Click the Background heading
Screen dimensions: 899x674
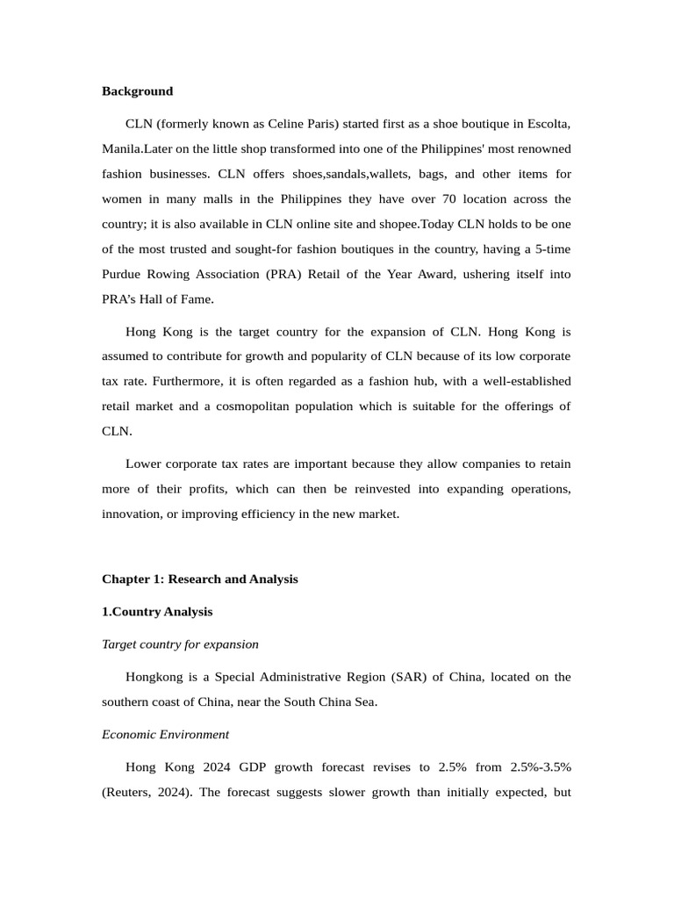(137, 91)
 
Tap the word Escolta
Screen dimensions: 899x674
(546, 124)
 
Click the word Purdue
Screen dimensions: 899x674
(123, 274)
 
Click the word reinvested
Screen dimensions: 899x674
(384, 488)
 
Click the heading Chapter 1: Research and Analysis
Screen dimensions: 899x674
(199, 579)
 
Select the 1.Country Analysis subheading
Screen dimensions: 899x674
(157, 612)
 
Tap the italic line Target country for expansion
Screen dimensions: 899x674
(180, 644)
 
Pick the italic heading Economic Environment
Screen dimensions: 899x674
(165, 735)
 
